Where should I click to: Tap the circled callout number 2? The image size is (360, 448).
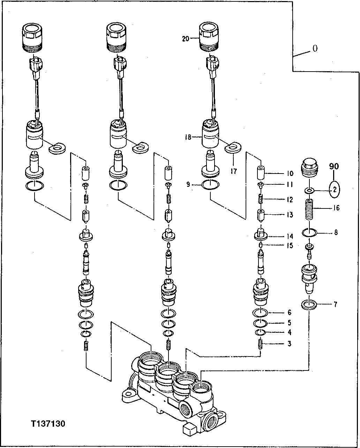pyautogui.click(x=334, y=189)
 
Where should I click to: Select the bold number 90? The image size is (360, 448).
pyautogui.click(x=334, y=167)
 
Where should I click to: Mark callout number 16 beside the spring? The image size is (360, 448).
pyautogui.click(x=335, y=208)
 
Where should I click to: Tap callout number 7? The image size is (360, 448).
pyautogui.click(x=335, y=304)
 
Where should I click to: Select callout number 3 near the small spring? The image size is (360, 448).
pyautogui.click(x=289, y=344)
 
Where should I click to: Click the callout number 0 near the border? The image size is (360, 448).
pyautogui.click(x=315, y=49)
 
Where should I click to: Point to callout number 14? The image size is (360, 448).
pyautogui.click(x=290, y=236)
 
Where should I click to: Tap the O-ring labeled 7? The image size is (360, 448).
pyautogui.click(x=309, y=304)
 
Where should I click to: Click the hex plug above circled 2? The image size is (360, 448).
pyautogui.click(x=309, y=168)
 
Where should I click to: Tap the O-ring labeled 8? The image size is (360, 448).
pyautogui.click(x=309, y=232)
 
